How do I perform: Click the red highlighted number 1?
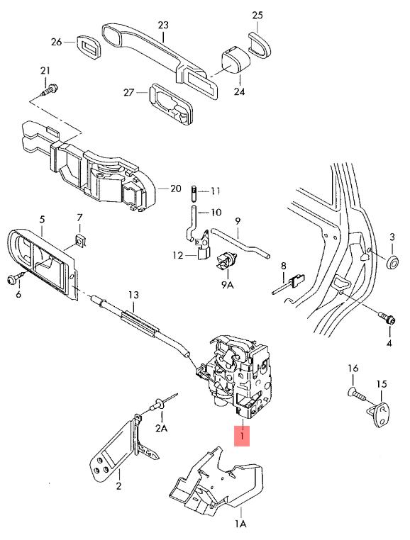[242, 436]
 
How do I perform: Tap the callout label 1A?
[240, 524]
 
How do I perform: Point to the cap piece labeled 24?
[235, 60]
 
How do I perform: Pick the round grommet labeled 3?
[392, 262]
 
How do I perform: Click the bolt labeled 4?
[387, 318]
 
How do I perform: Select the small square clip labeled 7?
[80, 240]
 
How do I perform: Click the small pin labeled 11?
[194, 195]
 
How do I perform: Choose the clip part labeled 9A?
[226, 261]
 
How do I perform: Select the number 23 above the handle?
[163, 25]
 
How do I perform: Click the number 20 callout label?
[175, 189]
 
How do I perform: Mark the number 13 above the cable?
[133, 295]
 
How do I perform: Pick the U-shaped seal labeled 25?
[260, 44]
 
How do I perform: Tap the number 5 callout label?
[42, 220]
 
